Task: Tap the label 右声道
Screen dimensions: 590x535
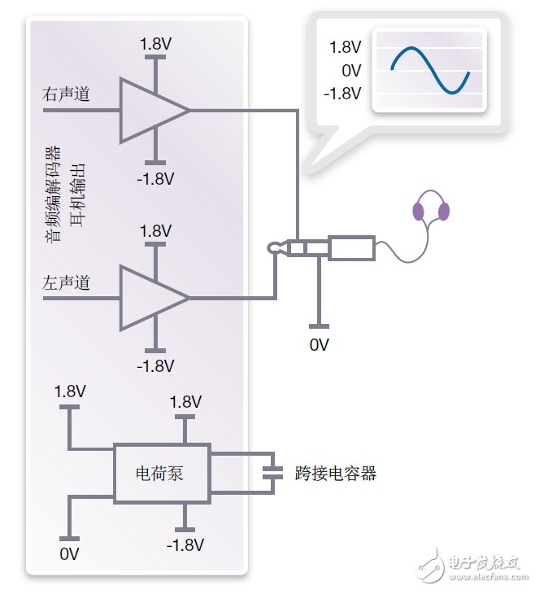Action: pos(66,95)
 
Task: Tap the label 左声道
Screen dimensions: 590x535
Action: pos(66,283)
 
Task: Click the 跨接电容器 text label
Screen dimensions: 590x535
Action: pos(336,473)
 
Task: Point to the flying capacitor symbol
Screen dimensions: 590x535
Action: pos(273,472)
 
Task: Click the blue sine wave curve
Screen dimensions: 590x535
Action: pos(430,70)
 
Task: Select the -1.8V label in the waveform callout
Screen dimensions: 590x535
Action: pos(341,93)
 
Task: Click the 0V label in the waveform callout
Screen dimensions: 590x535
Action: pos(350,70)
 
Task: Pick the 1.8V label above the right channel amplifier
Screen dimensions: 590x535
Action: pos(154,42)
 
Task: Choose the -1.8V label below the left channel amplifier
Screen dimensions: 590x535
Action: pos(156,365)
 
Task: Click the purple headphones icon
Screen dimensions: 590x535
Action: pos(431,210)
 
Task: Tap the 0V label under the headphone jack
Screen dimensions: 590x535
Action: pos(320,344)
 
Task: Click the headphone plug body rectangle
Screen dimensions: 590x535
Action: pos(351,248)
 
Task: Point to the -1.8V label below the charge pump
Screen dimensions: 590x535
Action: pos(185,544)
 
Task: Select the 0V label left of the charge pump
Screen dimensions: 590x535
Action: pos(70,554)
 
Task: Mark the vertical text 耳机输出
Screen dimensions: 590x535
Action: pos(78,195)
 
